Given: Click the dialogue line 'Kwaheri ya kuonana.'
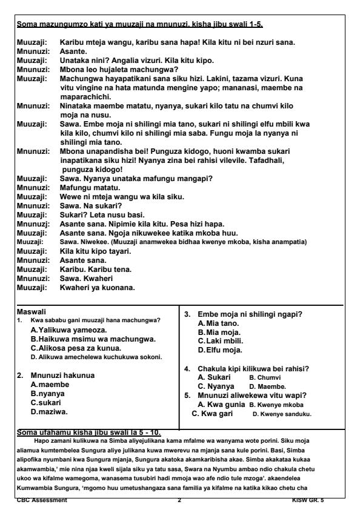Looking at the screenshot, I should tap(98, 286).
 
